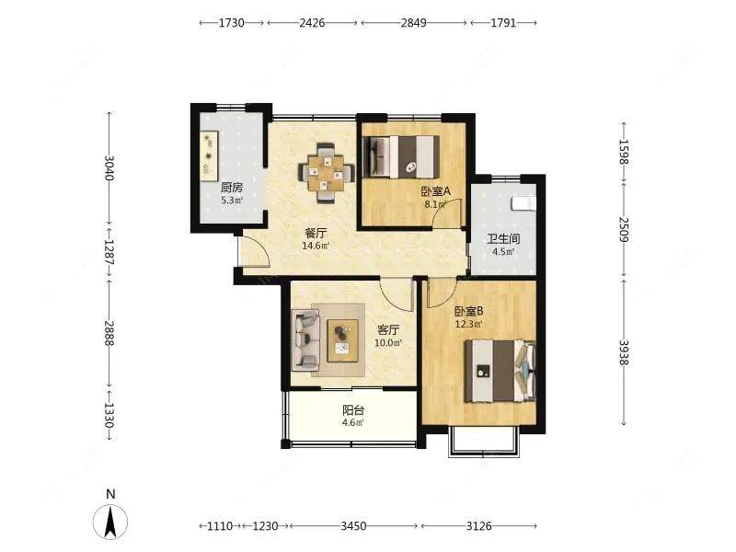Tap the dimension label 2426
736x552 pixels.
pos(312,22)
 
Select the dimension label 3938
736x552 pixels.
pos(624,352)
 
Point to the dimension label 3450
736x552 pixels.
pos(353,525)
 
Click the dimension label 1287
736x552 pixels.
pos(109,252)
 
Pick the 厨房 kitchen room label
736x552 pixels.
pos(232,188)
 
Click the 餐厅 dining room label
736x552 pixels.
pos(316,233)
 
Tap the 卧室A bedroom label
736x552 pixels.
pos(435,191)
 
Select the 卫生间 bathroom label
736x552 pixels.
pos(503,239)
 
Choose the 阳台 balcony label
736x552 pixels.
pos(353,410)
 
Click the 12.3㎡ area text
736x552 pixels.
pos(469,324)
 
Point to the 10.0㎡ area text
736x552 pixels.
pos(388,343)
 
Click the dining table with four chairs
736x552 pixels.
pos(327,173)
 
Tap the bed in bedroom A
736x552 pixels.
pos(402,156)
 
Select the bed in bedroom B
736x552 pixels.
pos(500,371)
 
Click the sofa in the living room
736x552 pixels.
pos(306,339)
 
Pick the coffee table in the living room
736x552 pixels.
pos(343,340)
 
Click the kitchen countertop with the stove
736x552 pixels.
pos(209,155)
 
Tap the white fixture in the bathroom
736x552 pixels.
pos(523,202)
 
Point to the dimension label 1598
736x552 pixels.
pos(624,152)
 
